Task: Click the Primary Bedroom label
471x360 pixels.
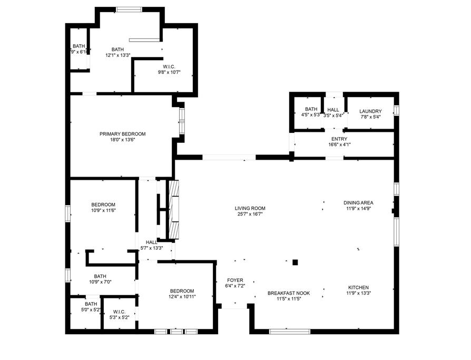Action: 122,134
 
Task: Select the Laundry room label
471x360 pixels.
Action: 370,111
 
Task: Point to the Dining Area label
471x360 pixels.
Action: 358,203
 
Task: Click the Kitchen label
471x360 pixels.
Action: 358,287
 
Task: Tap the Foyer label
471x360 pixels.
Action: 235,280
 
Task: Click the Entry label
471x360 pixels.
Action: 339,138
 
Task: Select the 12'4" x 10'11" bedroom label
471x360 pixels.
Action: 182,291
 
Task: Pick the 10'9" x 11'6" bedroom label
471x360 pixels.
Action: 103,205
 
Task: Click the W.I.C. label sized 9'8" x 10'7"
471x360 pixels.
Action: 169,66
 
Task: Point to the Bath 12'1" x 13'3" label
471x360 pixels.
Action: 117,50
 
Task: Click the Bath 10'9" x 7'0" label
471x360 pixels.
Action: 100,276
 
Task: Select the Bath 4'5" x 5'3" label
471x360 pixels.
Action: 311,109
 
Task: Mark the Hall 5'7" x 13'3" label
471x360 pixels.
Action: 151,242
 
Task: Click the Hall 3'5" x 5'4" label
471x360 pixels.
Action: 333,110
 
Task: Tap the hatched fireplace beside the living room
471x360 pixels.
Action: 173,209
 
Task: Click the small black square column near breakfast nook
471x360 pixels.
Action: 296,262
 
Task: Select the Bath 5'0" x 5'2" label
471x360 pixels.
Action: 91,304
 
